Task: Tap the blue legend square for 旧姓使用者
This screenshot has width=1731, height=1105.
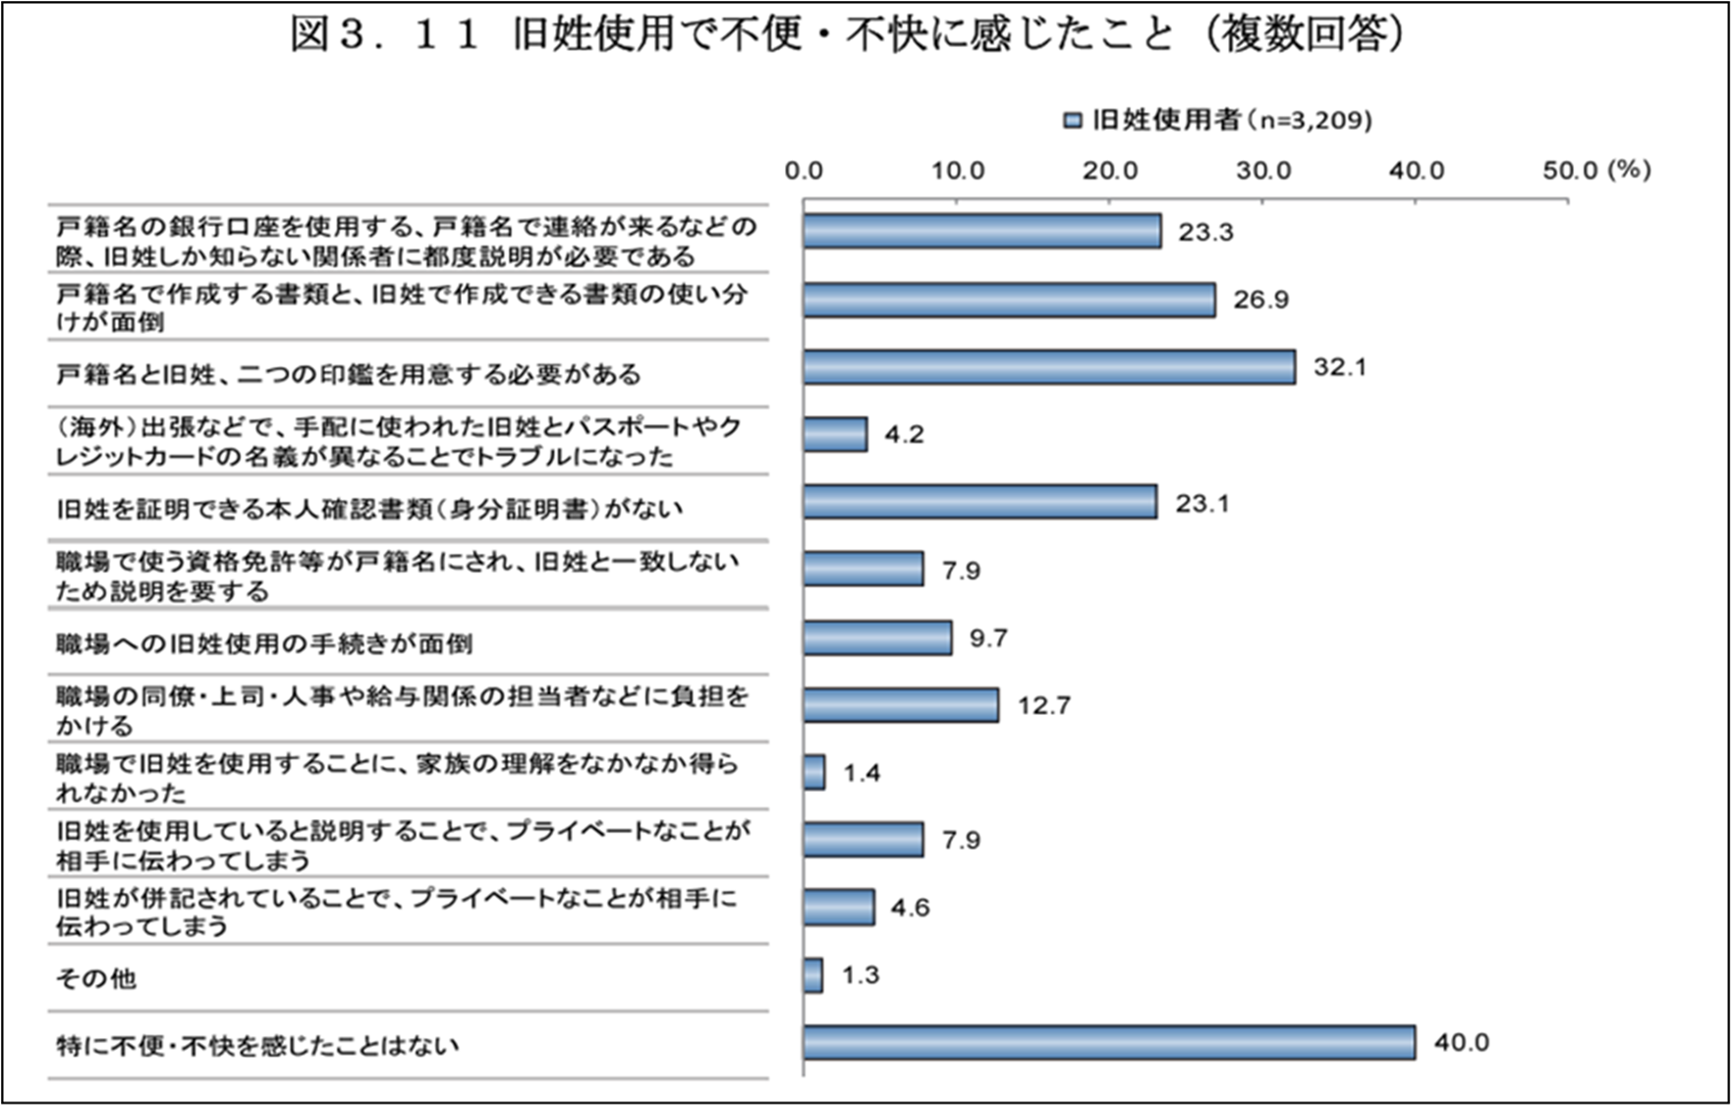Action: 1073,121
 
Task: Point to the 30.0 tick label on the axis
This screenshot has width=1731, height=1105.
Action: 1263,171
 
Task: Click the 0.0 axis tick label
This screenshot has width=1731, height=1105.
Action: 804,171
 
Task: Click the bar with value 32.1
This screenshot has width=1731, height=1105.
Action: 1048,367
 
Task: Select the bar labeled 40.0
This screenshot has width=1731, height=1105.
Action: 1109,1042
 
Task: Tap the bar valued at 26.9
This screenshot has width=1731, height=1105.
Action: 1009,300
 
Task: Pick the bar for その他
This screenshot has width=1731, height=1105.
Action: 813,975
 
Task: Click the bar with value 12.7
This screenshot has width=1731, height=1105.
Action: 901,705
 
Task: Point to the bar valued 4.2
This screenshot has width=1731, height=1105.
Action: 835,434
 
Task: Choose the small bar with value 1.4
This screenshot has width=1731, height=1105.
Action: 814,772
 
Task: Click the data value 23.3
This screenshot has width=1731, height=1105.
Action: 1205,233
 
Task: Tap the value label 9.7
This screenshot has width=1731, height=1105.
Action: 988,638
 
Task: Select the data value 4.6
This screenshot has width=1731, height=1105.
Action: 910,908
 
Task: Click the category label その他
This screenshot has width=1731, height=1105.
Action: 96,978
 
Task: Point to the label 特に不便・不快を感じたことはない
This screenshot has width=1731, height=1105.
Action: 257,1045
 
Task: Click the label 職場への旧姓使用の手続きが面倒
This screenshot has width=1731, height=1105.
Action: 264,643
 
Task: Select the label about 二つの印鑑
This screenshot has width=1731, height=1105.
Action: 349,374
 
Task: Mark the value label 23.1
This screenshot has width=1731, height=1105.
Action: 1202,504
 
